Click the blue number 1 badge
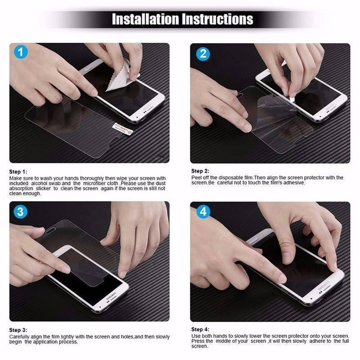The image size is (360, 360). [21, 53]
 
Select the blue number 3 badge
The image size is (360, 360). [21, 211]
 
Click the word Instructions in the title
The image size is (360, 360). [218, 19]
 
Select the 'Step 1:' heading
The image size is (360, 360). [18, 172]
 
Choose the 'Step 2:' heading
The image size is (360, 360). [200, 171]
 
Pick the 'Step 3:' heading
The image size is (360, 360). [18, 330]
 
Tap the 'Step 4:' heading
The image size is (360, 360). [200, 329]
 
